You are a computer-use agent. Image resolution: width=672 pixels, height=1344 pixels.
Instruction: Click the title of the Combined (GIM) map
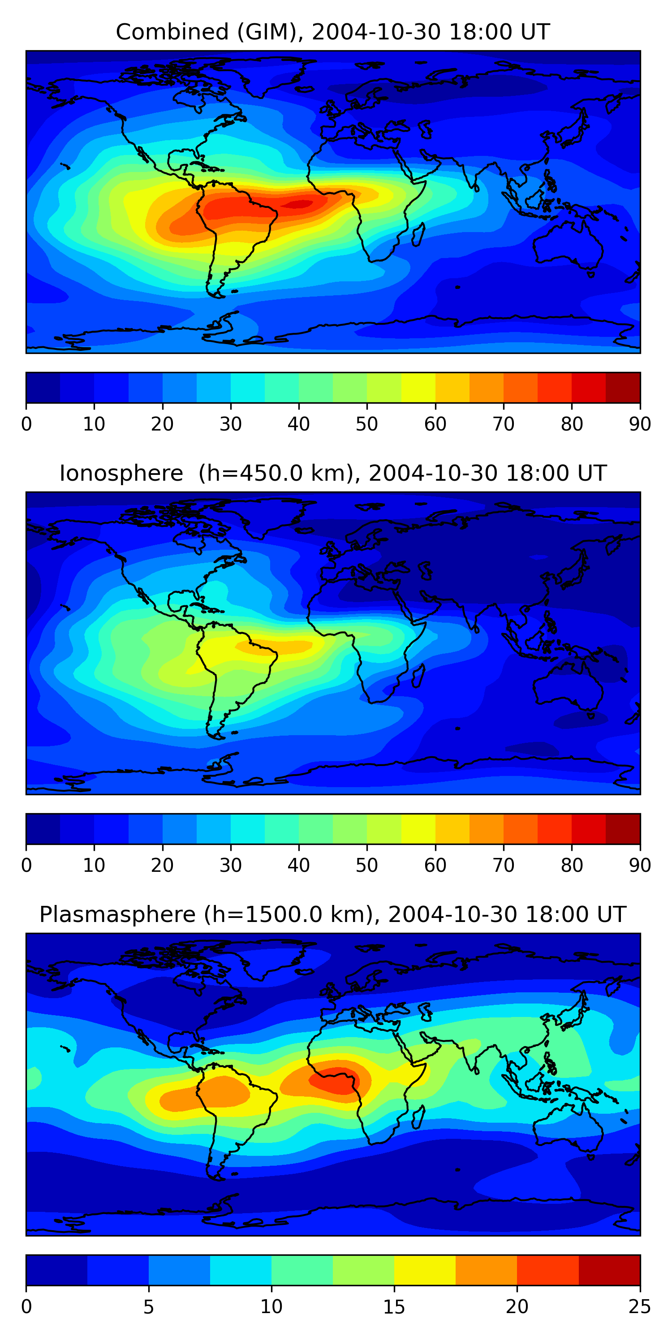332,32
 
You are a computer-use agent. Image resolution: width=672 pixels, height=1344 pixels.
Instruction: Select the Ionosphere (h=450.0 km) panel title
332,473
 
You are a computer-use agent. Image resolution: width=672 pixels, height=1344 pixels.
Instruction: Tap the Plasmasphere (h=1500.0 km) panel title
332,915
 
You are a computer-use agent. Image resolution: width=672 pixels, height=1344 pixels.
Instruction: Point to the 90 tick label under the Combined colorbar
640,424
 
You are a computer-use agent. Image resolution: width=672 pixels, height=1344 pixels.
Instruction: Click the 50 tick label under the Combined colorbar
367,424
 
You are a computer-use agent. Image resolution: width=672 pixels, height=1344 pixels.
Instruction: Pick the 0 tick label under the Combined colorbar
26,424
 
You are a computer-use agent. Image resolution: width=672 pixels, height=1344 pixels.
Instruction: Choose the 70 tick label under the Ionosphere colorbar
504,866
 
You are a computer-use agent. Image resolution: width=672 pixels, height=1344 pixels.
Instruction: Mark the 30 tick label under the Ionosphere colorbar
231,866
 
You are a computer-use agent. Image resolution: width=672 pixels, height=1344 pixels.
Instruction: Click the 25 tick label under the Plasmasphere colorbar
640,1307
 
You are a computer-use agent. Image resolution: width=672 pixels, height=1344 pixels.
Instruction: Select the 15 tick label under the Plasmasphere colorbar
394,1307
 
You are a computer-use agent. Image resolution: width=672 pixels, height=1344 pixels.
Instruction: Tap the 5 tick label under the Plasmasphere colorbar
149,1307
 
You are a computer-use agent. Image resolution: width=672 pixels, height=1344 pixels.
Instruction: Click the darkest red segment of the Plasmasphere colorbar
609,1271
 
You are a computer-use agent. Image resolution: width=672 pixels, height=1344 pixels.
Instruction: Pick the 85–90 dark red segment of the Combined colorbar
623,388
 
